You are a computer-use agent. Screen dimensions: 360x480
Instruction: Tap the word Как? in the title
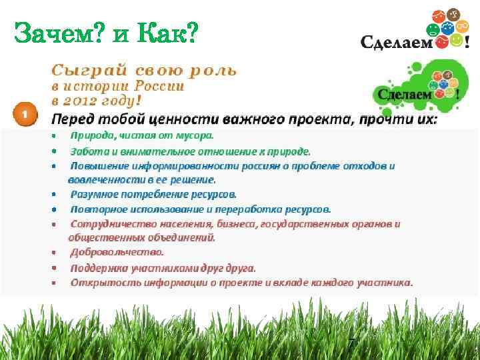click(169, 31)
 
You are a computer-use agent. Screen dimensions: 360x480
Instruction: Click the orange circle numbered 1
click(24, 114)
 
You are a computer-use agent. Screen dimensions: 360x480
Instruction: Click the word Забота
click(89, 151)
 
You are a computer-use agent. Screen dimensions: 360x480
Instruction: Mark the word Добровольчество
click(117, 252)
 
